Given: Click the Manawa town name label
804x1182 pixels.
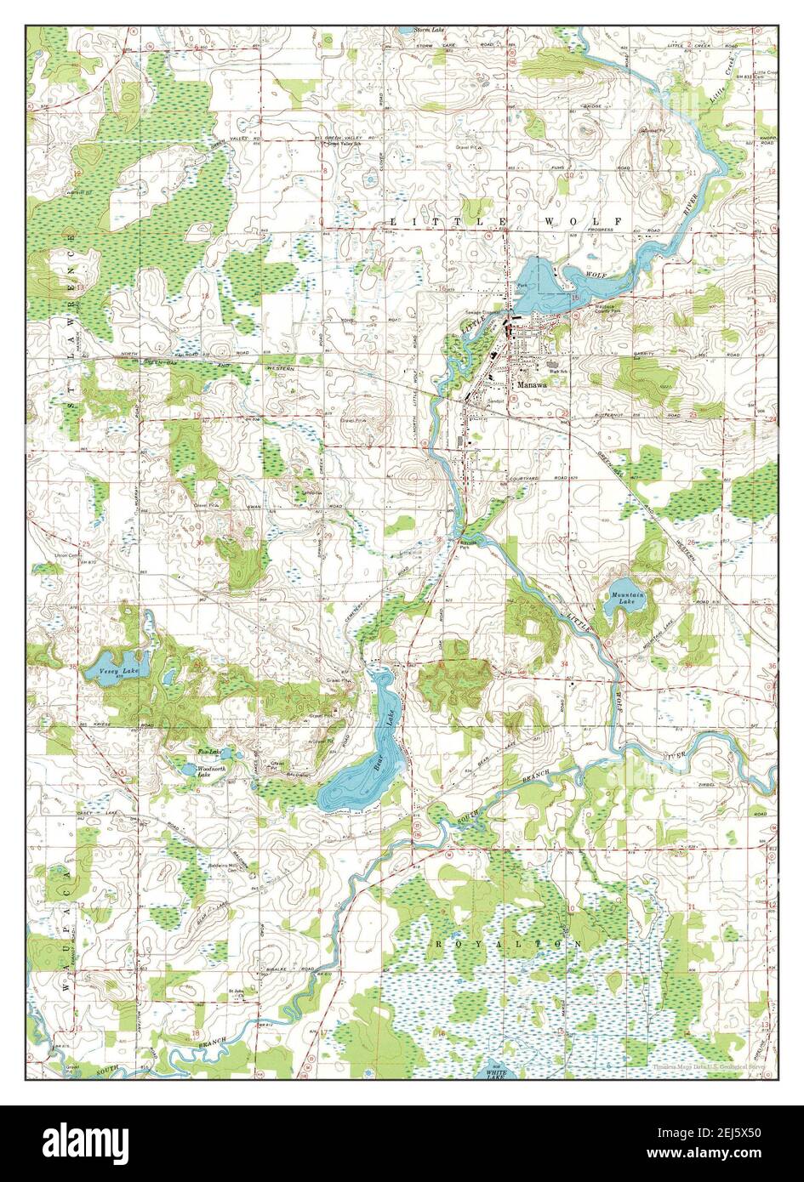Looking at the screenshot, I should coord(529,384).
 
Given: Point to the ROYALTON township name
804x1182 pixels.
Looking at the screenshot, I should coord(509,944).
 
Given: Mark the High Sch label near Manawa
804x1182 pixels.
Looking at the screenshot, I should coord(558,371).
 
